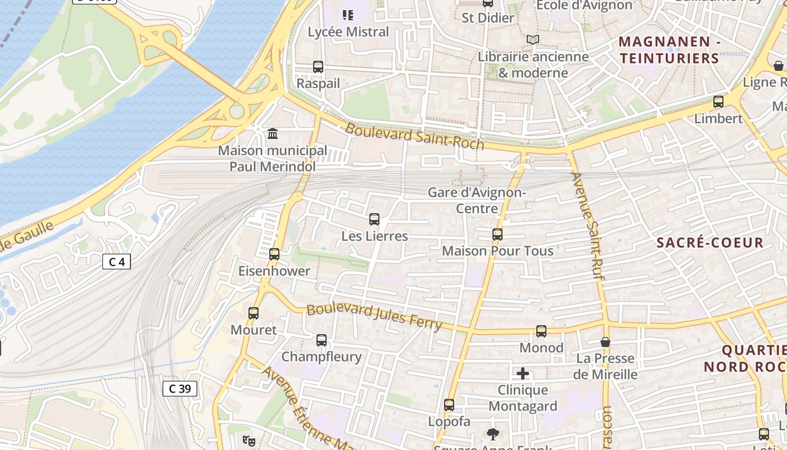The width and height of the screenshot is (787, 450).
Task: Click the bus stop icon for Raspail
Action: [318, 67]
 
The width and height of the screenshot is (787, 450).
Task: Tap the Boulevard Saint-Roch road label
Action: [414, 136]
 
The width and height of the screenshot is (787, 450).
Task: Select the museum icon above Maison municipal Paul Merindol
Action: [273, 134]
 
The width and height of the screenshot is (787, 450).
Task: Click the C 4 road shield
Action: [116, 262]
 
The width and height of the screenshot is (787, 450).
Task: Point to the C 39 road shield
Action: [180, 388]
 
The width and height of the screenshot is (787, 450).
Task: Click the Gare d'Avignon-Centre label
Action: [477, 200]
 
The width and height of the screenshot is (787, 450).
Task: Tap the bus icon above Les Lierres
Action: [374, 219]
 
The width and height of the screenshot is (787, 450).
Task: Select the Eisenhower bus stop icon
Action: [274, 254]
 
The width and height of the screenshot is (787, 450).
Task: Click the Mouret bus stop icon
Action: [254, 313]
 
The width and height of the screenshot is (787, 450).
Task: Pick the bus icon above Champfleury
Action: [322, 340]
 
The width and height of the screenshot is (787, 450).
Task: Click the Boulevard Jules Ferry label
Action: [374, 317]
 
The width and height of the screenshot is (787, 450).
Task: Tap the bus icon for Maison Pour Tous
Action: [497, 235]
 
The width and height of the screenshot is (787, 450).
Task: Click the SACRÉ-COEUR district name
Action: [710, 243]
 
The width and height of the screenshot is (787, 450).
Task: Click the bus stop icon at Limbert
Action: [718, 102]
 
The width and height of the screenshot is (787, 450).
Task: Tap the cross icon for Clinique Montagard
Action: [523, 373]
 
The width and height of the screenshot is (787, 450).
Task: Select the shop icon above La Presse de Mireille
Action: [605, 342]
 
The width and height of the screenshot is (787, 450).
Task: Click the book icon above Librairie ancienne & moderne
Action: [532, 40]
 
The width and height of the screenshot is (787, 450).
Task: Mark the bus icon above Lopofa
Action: [449, 405]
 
